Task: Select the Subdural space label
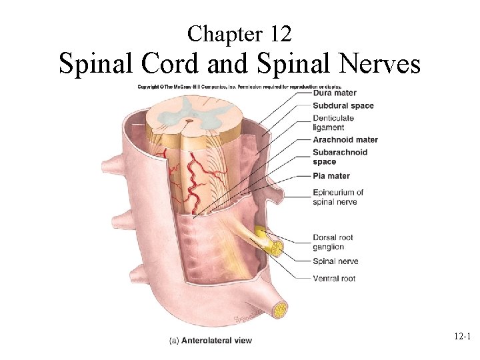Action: click(x=343, y=105)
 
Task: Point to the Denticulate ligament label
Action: click(x=333, y=123)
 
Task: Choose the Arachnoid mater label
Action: click(x=345, y=140)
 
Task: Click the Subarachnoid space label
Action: click(x=339, y=157)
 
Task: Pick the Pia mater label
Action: click(x=331, y=176)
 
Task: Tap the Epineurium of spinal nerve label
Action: click(x=337, y=197)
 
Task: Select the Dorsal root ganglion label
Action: click(x=333, y=242)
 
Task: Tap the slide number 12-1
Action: click(x=459, y=339)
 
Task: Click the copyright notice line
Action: click(x=238, y=86)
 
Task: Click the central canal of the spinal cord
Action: click(x=189, y=121)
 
